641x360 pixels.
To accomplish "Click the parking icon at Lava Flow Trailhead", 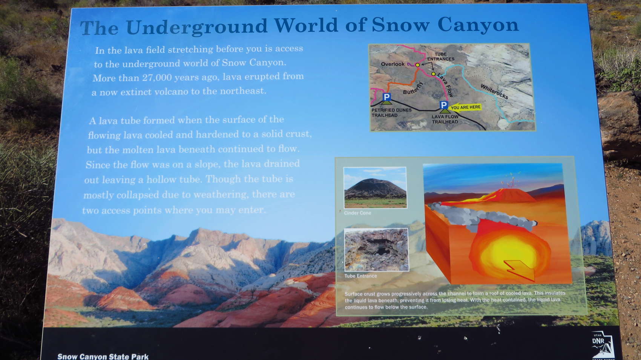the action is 444,105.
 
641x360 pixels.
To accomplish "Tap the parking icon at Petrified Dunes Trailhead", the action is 386,97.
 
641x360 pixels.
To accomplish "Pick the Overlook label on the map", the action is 393,64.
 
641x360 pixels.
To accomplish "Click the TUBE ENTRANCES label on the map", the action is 441,57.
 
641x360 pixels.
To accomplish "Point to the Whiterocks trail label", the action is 494,92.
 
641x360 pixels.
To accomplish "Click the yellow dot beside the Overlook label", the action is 417,65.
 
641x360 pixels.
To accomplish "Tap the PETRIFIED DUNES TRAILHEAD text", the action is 391,112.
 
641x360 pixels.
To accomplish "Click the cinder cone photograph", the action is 375,187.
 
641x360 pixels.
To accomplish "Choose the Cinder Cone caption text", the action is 357,213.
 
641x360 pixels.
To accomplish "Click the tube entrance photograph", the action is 377,250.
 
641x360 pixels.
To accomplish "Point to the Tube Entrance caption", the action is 360,276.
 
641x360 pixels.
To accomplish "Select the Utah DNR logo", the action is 603,345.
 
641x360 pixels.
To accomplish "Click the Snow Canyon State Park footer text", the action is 103,357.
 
